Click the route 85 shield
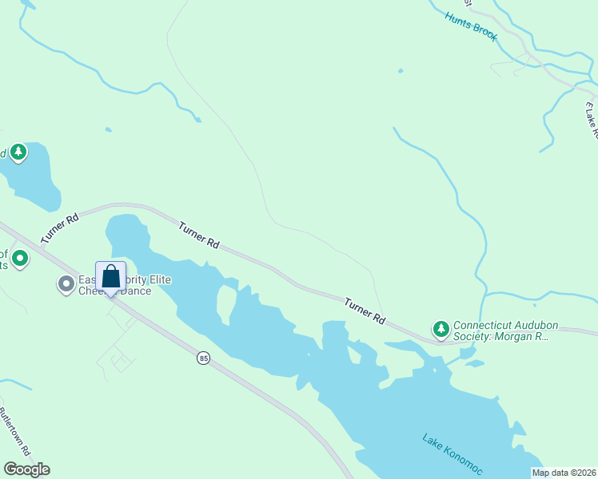[204, 359]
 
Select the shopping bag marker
[111, 278]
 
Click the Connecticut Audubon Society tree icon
[441, 329]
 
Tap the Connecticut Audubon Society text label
[500, 331]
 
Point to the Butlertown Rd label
[14, 428]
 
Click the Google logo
[26, 469]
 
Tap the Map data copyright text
[564, 473]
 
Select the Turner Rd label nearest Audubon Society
[365, 311]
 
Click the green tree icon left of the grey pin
[20, 259]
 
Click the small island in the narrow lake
[226, 302]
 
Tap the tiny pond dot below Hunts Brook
[400, 71]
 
